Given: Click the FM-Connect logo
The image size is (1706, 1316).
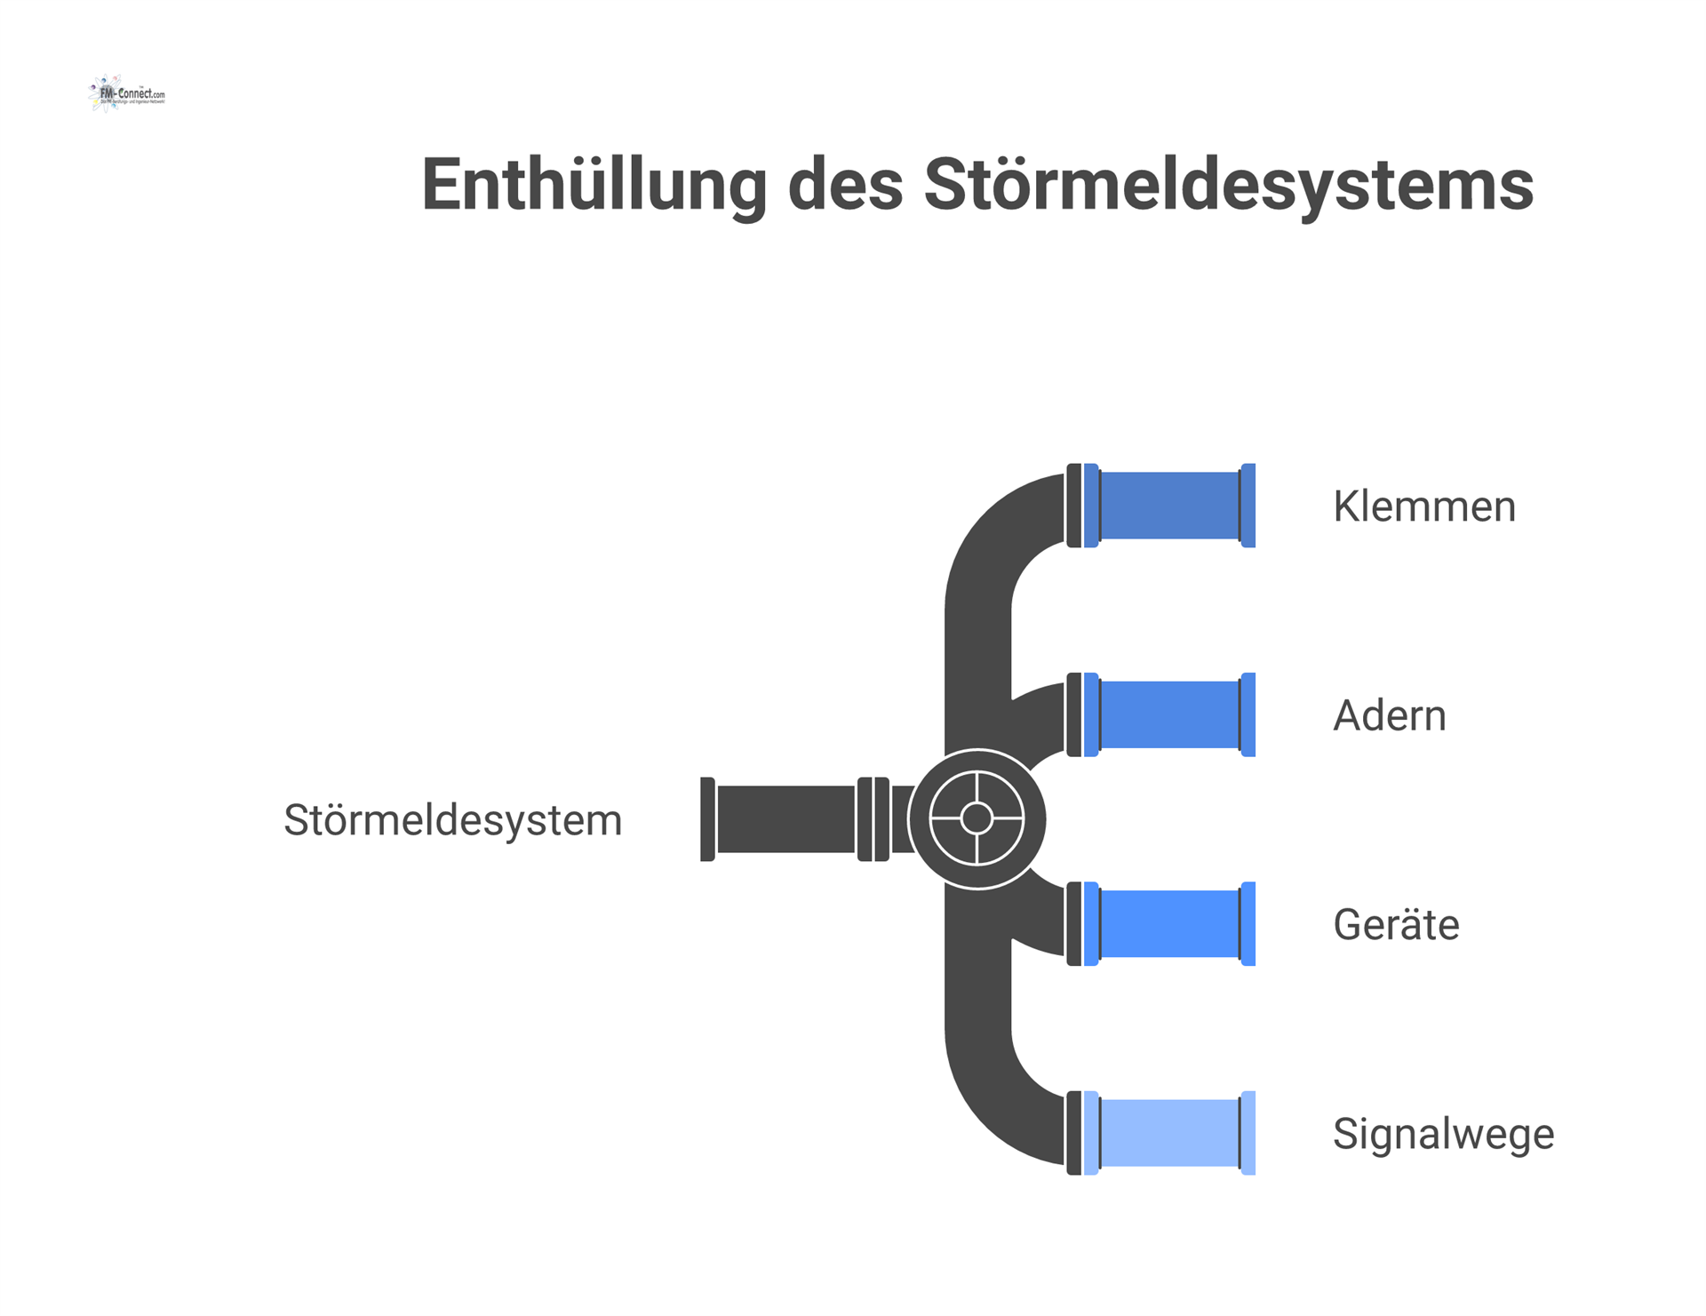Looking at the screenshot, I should (127, 93).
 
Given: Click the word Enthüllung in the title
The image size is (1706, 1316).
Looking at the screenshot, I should (594, 185).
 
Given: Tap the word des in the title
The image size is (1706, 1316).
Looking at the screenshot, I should (845, 185).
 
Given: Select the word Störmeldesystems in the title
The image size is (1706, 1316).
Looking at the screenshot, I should (1228, 185).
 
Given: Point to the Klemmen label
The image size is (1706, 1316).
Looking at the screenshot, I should (1423, 506).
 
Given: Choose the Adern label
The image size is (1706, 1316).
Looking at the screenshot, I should (1389, 715).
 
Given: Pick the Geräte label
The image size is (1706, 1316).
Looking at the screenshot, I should (1395, 925).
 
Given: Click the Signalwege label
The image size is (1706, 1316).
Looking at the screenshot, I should (1443, 1134).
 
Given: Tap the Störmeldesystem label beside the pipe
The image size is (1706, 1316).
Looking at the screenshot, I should (452, 819).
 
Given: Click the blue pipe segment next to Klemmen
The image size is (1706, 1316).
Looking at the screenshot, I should (1169, 506).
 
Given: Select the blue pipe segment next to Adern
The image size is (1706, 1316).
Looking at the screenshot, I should (1169, 714).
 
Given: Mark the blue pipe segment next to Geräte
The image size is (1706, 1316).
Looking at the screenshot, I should (1169, 924).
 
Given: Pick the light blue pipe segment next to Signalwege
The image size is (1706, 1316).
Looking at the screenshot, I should (1169, 1133).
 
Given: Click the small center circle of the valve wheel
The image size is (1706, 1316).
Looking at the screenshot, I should (977, 818).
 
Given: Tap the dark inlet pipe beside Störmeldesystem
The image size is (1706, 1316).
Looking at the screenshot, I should (785, 819).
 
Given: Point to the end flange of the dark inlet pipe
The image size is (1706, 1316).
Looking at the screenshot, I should (707, 819).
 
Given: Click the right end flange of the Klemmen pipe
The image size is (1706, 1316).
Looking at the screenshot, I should (1248, 506).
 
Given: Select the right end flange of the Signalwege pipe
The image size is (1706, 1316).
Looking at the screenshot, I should (1248, 1133).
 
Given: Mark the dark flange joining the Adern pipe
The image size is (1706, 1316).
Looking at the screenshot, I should (1074, 714).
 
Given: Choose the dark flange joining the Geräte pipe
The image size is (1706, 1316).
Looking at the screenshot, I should (1074, 924).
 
